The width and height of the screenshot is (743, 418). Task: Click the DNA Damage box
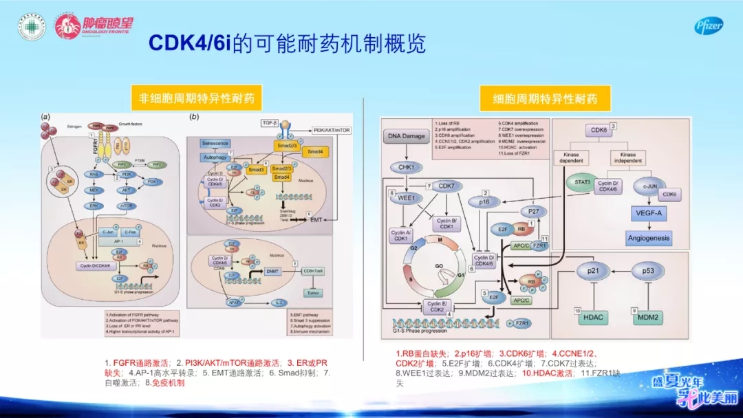pyautogui.click(x=407, y=137)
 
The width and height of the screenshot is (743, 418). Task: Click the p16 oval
pyautogui.click(x=486, y=202)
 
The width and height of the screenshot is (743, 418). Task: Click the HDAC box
pyautogui.click(x=594, y=317)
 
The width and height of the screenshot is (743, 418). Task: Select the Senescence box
pyautogui.click(x=215, y=143)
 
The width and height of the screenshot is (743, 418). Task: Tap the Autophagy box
pyautogui.click(x=215, y=158)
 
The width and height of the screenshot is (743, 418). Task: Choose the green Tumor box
pyautogui.click(x=315, y=294)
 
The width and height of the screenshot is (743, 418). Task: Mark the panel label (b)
pyautogui.click(x=194, y=118)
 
